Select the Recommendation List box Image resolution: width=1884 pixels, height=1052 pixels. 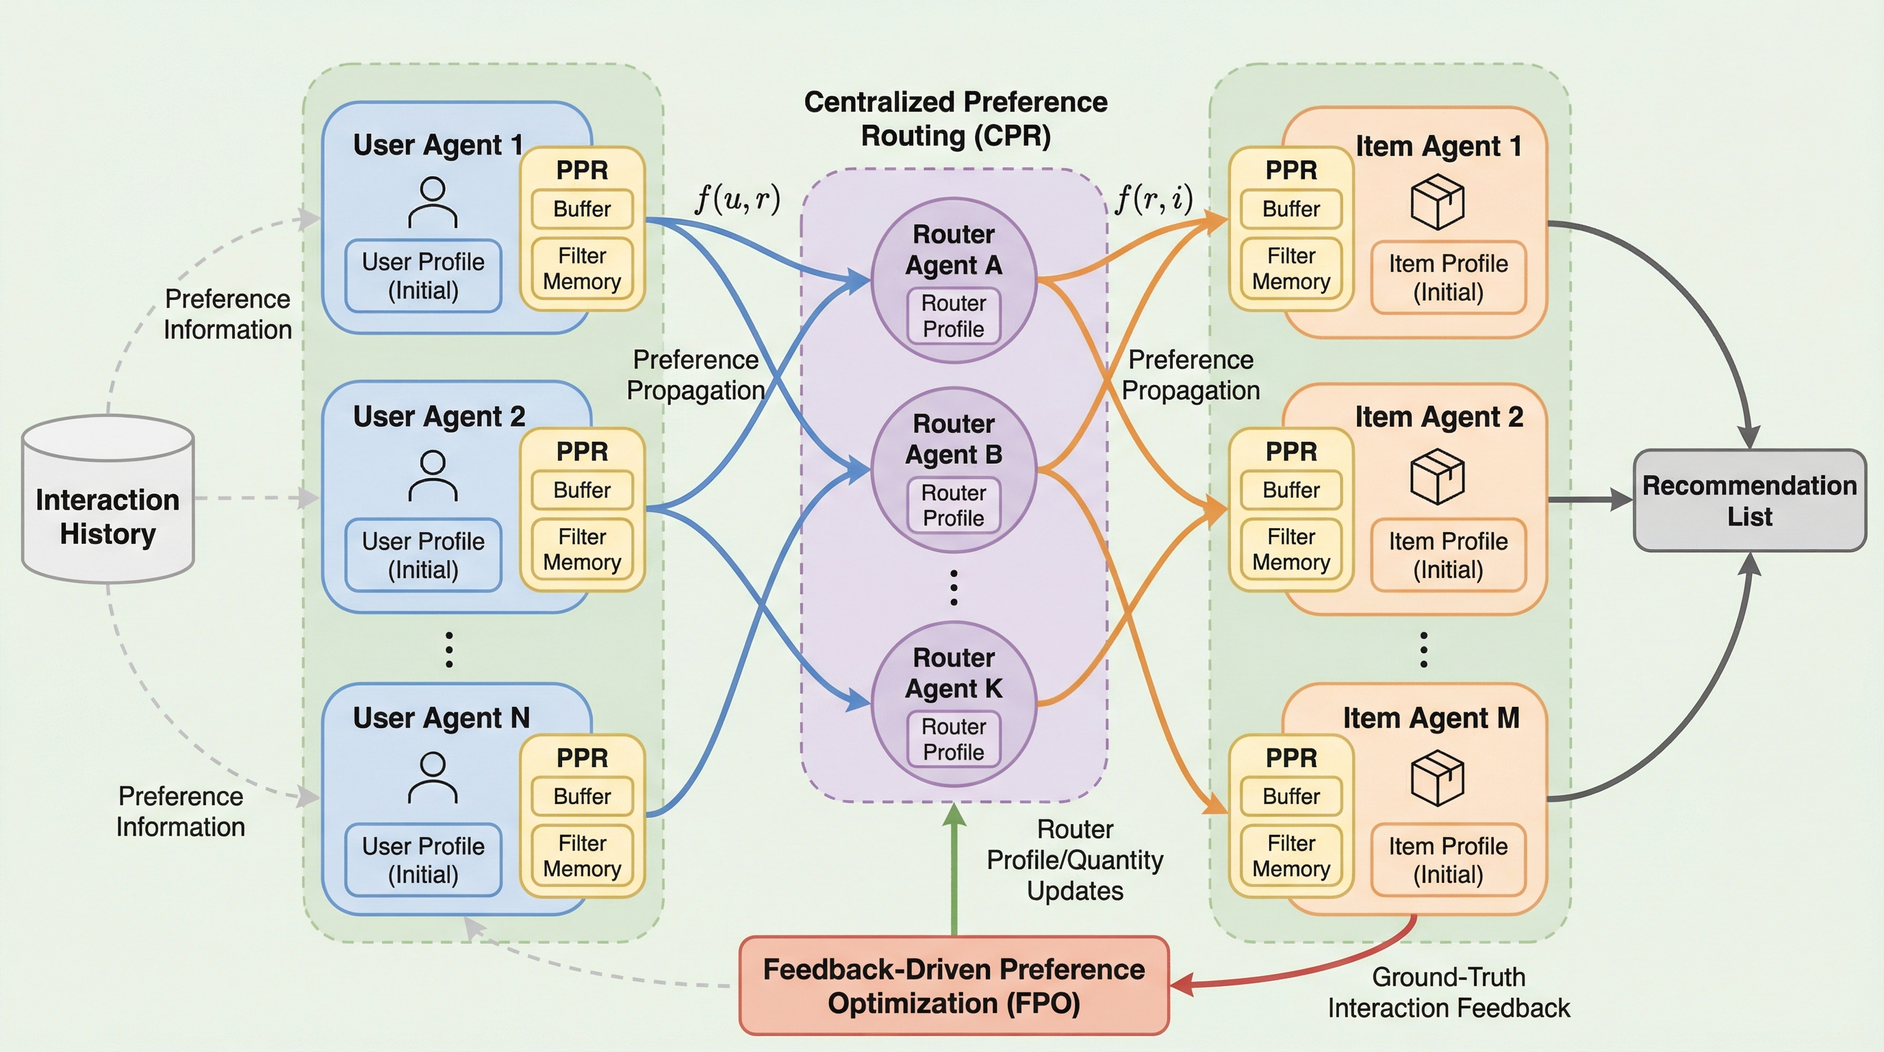coord(1749,501)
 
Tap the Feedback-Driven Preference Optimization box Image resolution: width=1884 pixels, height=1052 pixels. coord(954,986)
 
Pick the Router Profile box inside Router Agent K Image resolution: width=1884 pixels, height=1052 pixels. coord(954,740)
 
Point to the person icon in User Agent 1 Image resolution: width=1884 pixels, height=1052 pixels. coord(433,203)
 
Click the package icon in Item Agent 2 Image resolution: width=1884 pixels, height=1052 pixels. coord(1437,477)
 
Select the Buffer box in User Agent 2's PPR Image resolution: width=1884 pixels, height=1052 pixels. coord(582,490)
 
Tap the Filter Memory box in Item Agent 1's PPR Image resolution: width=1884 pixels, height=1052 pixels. coord(1291,268)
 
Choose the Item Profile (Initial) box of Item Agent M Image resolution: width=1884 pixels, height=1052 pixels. coord(1448,860)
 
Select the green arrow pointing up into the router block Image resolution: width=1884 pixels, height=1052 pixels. coord(954,871)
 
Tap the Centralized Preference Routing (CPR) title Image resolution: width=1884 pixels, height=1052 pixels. coord(955,119)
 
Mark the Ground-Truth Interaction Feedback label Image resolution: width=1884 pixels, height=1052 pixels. coord(1448,992)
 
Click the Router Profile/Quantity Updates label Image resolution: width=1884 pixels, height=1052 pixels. coord(1074,860)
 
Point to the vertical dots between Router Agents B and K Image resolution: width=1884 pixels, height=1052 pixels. coord(954,588)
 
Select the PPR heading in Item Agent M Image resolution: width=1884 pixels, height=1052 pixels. coord(1291,758)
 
